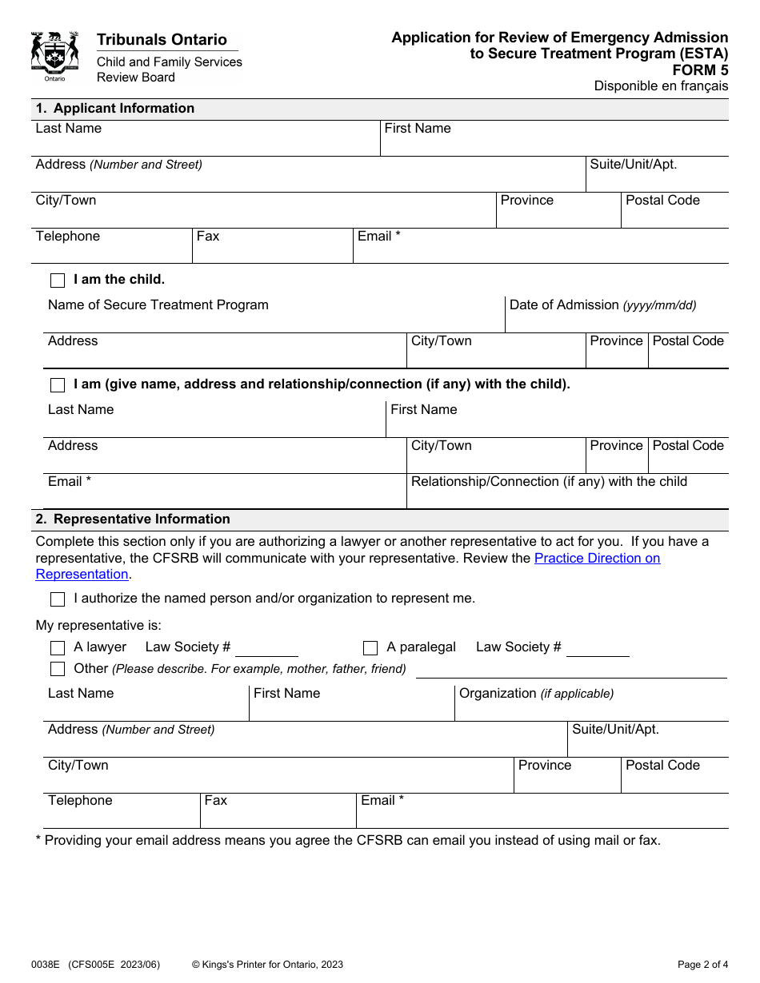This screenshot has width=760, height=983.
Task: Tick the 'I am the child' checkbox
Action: [x=58, y=281]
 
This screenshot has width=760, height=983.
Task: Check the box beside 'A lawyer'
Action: [x=58, y=648]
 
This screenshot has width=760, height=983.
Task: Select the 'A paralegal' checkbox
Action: [x=370, y=648]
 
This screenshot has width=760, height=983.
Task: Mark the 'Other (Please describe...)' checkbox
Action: [x=58, y=669]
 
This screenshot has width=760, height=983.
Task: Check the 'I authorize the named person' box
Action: [x=58, y=599]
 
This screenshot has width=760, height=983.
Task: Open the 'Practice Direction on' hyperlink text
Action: [x=597, y=558]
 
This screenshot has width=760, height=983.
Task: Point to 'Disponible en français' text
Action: [x=661, y=86]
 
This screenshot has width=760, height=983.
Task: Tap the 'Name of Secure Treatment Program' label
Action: [x=158, y=305]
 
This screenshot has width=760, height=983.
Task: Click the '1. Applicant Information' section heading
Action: [x=115, y=109]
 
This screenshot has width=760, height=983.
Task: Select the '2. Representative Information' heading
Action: [x=133, y=519]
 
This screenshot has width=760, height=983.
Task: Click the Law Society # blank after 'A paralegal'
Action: [x=598, y=649]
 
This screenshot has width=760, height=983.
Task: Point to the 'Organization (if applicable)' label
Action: [x=536, y=694]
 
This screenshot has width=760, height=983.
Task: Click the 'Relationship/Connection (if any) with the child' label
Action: [x=549, y=482]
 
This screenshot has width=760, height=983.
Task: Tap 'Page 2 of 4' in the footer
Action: [x=702, y=965]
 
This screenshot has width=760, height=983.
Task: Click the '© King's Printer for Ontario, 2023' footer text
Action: [x=267, y=965]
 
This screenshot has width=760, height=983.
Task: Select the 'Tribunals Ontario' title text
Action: [x=162, y=40]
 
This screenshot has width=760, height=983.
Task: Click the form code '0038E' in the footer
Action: [x=46, y=965]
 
